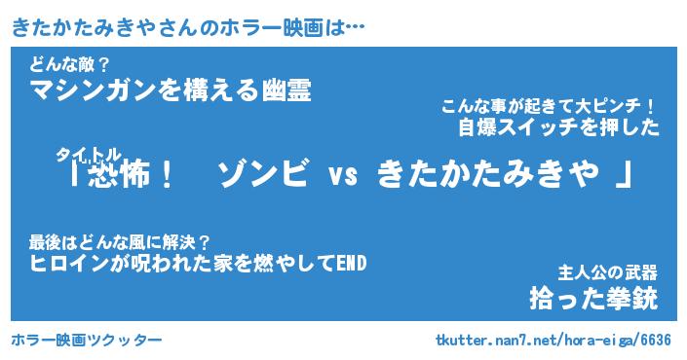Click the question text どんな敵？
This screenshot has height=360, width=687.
69,65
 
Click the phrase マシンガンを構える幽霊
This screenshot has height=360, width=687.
171,90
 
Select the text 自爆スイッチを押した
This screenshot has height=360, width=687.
558,127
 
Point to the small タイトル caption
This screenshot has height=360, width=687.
88,155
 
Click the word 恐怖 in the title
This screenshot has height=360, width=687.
119,174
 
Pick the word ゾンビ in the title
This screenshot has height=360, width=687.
262,173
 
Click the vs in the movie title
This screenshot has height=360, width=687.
343,176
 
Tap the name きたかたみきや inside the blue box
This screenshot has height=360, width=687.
487,174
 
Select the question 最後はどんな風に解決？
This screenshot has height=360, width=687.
120,242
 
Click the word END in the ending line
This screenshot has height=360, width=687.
351,264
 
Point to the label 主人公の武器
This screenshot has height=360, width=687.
608,273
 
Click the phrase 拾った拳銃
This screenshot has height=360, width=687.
593,299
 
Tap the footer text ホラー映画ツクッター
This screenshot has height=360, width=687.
87,340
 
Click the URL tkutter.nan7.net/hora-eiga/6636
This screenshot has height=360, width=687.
553,340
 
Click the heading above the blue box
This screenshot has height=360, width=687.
187,28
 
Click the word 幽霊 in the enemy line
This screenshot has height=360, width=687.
286,90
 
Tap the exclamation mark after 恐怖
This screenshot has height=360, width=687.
167,174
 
